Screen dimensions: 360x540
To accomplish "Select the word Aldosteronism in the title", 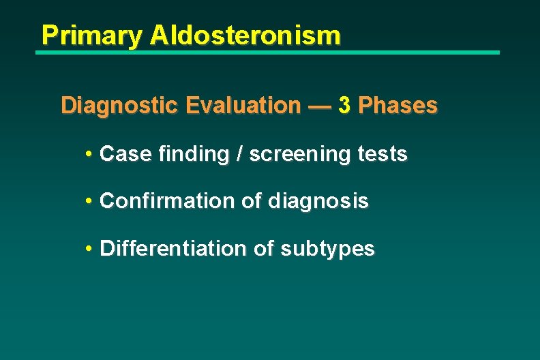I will pyautogui.click(x=245, y=35).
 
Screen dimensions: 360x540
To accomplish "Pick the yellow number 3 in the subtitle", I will pyautogui.click(x=345, y=106).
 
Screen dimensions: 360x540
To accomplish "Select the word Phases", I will pyautogui.click(x=398, y=106).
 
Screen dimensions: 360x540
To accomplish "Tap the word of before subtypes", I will pyautogui.click(x=263, y=249).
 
